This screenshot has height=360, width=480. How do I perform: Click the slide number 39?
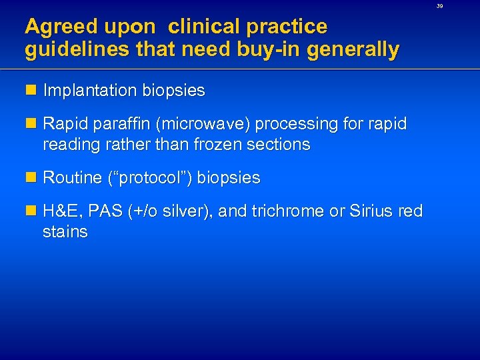tap(459, 5)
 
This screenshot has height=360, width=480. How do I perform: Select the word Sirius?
tap(371, 211)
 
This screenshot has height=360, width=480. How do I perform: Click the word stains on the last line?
tap(65, 232)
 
